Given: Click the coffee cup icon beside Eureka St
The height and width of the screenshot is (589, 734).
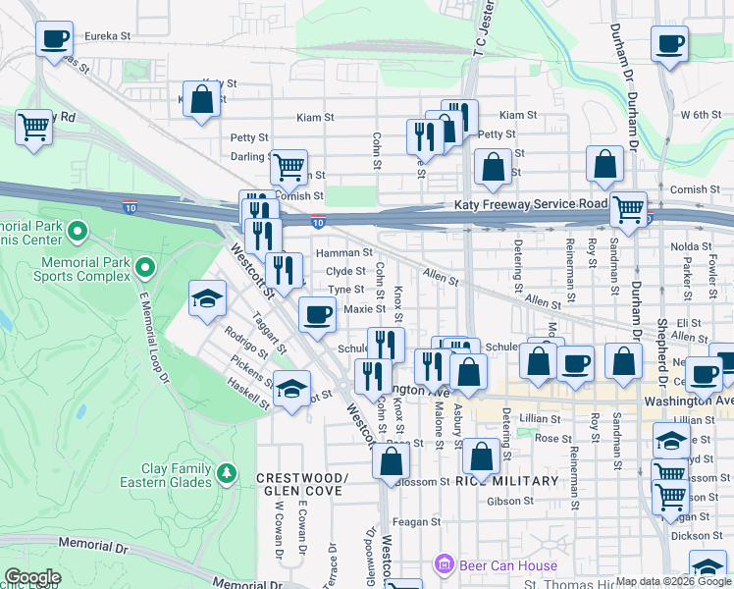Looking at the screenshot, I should (55, 40).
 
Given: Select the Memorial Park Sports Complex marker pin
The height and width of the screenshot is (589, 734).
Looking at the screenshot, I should (145, 267).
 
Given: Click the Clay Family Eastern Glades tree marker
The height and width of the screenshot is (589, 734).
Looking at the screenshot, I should (228, 474).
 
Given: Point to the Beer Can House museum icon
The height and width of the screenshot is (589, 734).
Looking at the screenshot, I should (445, 565).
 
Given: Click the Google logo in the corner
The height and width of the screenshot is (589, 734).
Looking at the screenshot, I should (32, 577).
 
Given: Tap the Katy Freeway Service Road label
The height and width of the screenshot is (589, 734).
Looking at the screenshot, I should (531, 204).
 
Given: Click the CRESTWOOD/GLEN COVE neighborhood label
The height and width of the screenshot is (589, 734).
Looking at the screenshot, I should (302, 485).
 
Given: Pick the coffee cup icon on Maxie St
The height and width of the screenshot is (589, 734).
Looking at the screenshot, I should (317, 314).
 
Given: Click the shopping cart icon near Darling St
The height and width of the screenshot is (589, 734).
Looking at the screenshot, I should (289, 167).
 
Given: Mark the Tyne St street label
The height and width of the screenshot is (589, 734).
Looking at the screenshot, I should (346, 290).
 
